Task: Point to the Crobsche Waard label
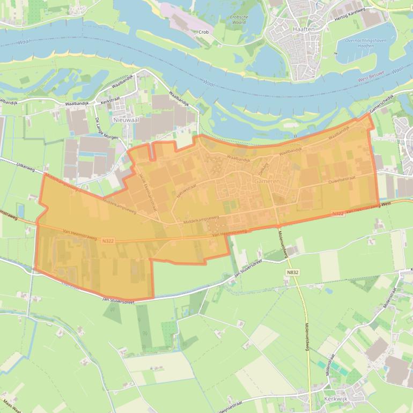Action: pos(239,19)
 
